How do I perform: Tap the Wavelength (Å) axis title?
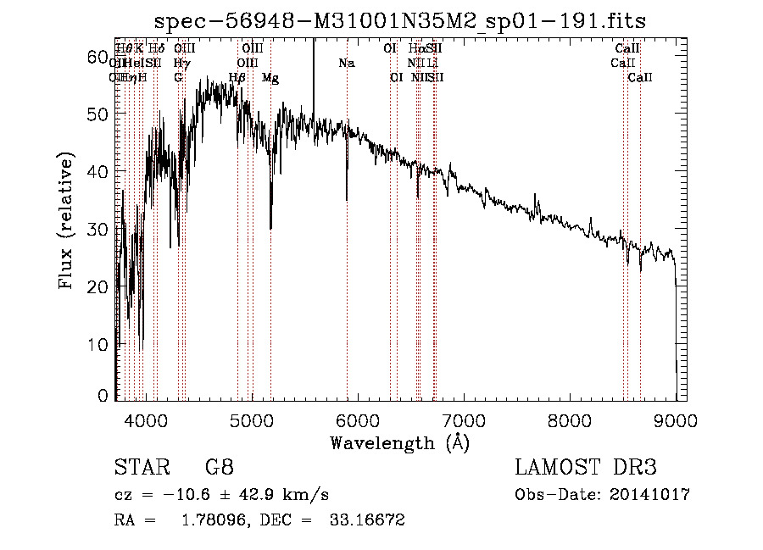(398, 442)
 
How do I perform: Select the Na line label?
(346, 64)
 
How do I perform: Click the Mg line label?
(270, 78)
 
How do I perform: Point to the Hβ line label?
(238, 78)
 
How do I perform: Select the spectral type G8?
(219, 468)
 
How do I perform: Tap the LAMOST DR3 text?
(585, 468)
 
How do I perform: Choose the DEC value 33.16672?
(366, 520)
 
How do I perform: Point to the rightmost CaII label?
(640, 78)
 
